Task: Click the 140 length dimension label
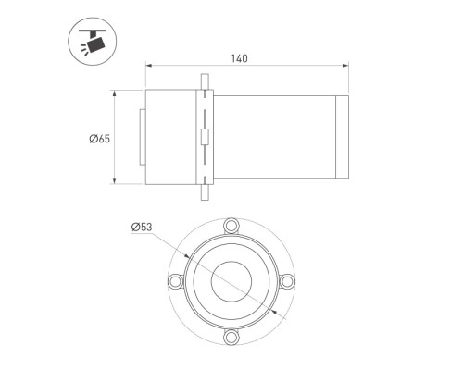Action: click(239, 58)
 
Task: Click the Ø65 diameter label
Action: click(100, 139)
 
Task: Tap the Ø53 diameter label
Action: click(142, 228)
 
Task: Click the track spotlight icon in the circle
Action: click(93, 42)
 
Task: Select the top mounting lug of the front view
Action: click(231, 226)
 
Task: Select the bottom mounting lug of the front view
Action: click(231, 337)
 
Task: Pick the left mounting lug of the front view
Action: click(175, 281)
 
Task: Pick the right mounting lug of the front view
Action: click(287, 281)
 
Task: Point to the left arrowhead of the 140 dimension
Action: click(149, 66)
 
